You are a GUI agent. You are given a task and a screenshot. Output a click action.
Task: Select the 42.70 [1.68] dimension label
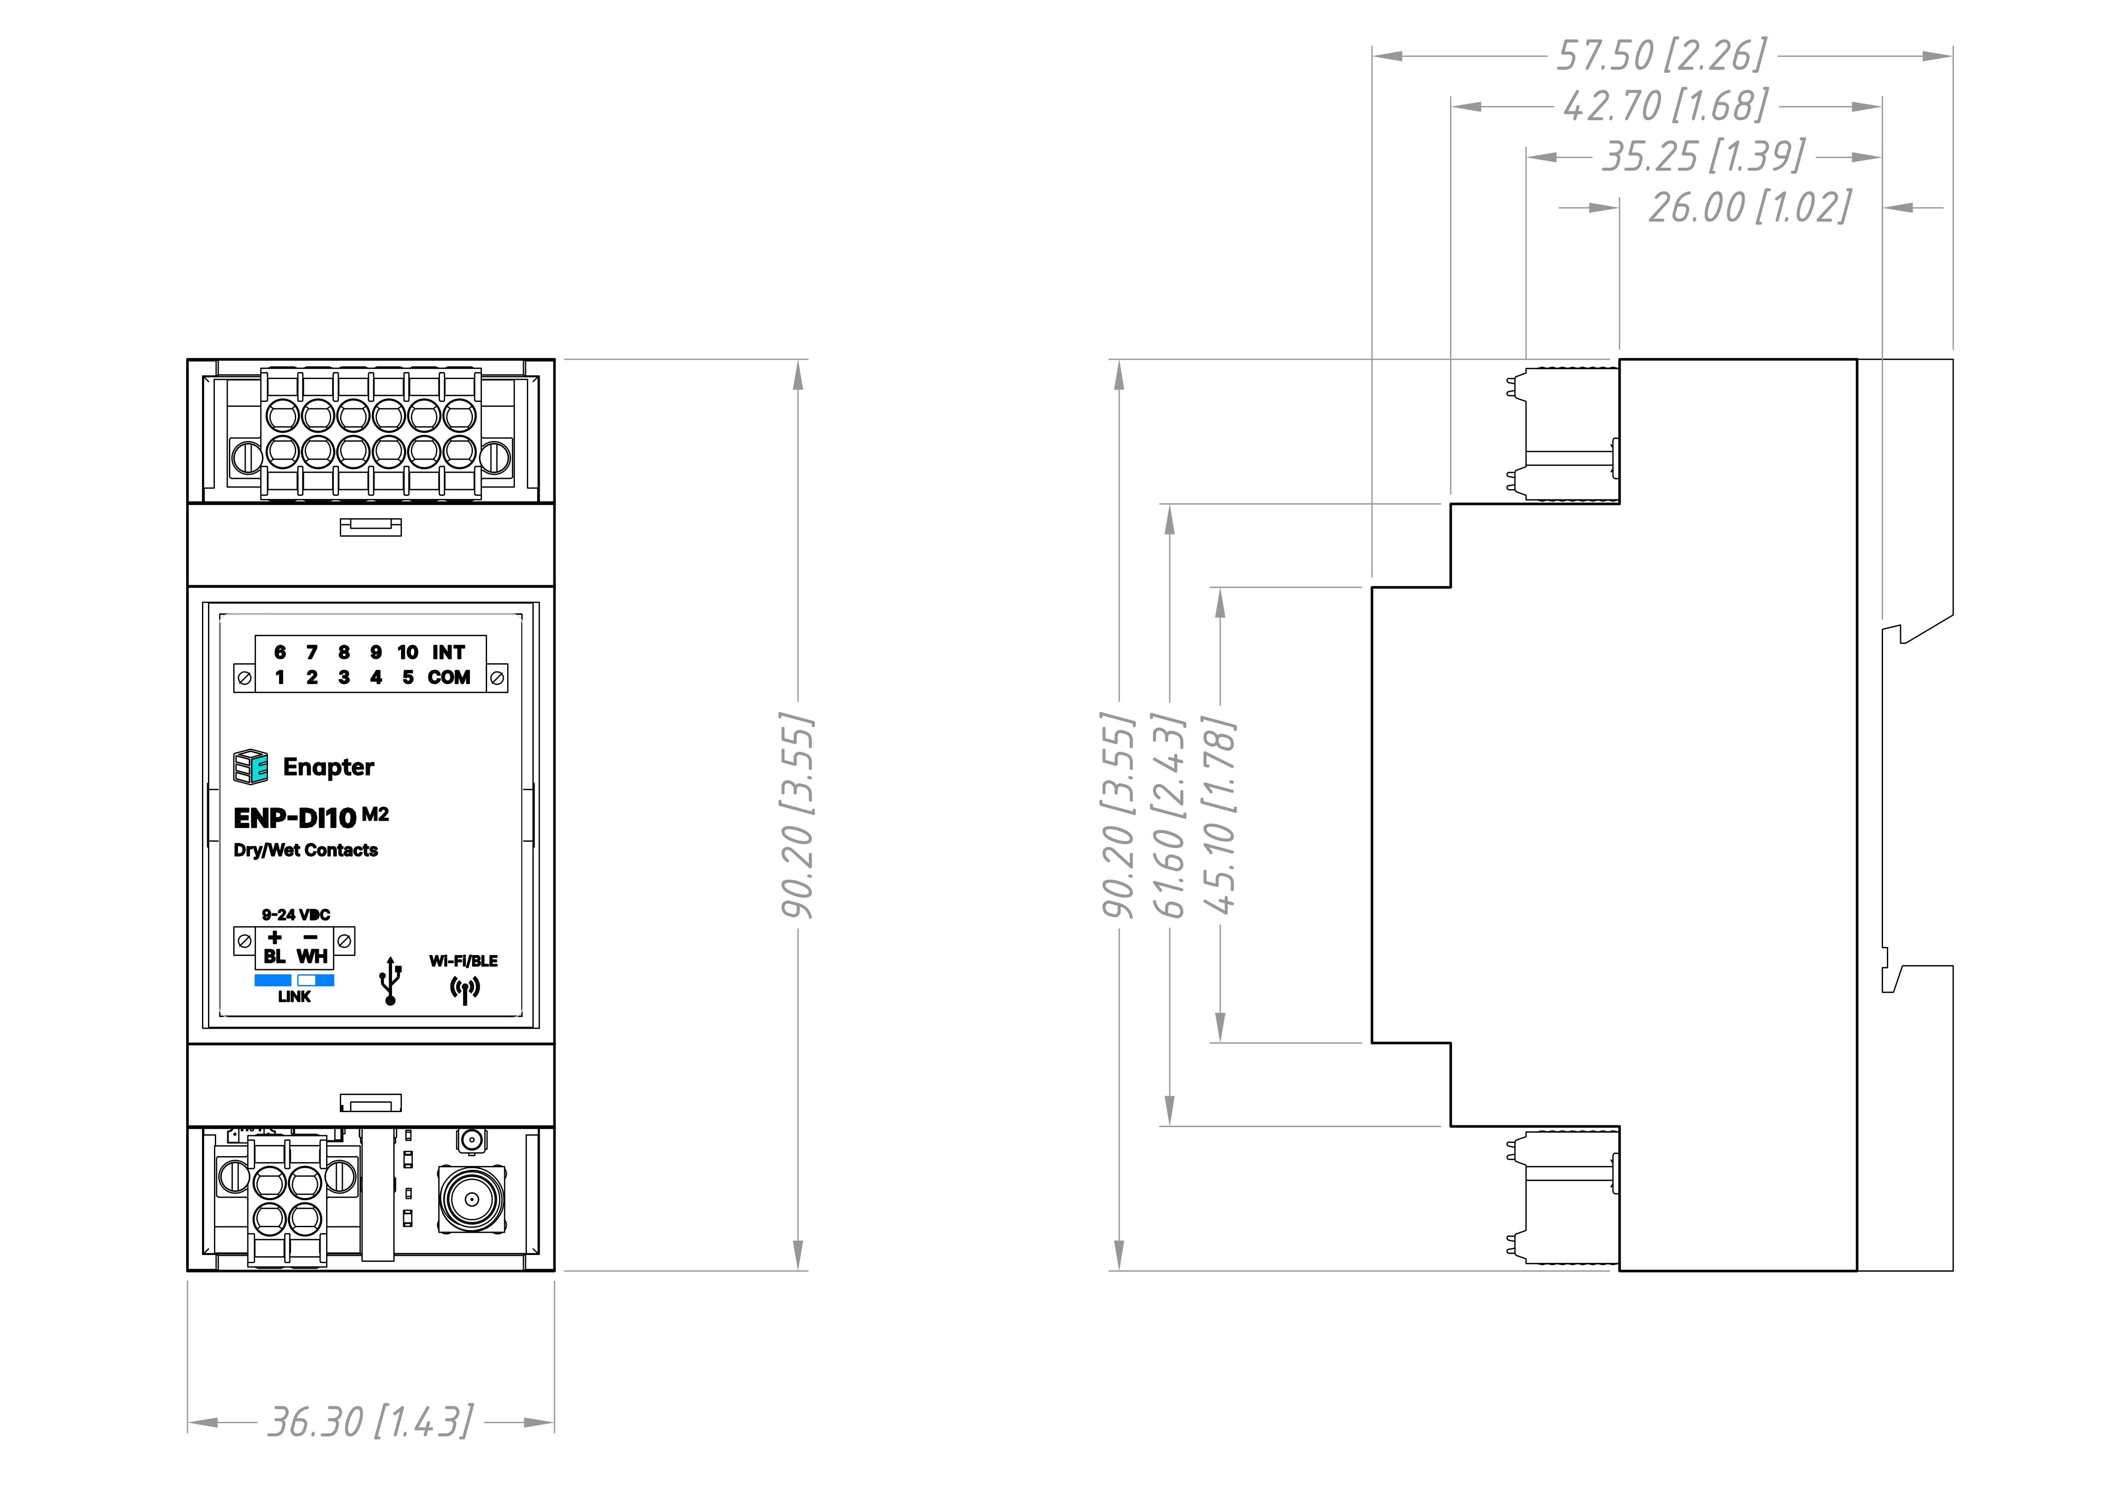(x=1665, y=107)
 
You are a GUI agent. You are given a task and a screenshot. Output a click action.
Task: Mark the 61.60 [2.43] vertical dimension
(x=1168, y=815)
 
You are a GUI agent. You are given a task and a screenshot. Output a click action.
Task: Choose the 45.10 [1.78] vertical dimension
(x=1219, y=815)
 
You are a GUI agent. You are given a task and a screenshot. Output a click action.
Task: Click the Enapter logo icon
(x=251, y=767)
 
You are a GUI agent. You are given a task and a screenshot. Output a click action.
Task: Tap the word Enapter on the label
(x=328, y=767)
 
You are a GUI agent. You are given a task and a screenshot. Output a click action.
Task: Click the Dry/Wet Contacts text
(x=305, y=850)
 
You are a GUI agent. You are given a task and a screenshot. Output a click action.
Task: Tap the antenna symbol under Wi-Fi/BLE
(x=464, y=990)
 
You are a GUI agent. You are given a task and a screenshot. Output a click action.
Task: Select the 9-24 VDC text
(x=295, y=915)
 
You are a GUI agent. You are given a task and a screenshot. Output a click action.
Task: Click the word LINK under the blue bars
(x=294, y=996)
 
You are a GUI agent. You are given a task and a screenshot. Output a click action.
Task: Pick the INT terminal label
(x=449, y=652)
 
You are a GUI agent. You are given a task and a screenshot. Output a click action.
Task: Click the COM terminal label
(x=449, y=677)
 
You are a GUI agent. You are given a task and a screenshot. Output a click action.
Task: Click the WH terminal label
(x=312, y=956)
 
